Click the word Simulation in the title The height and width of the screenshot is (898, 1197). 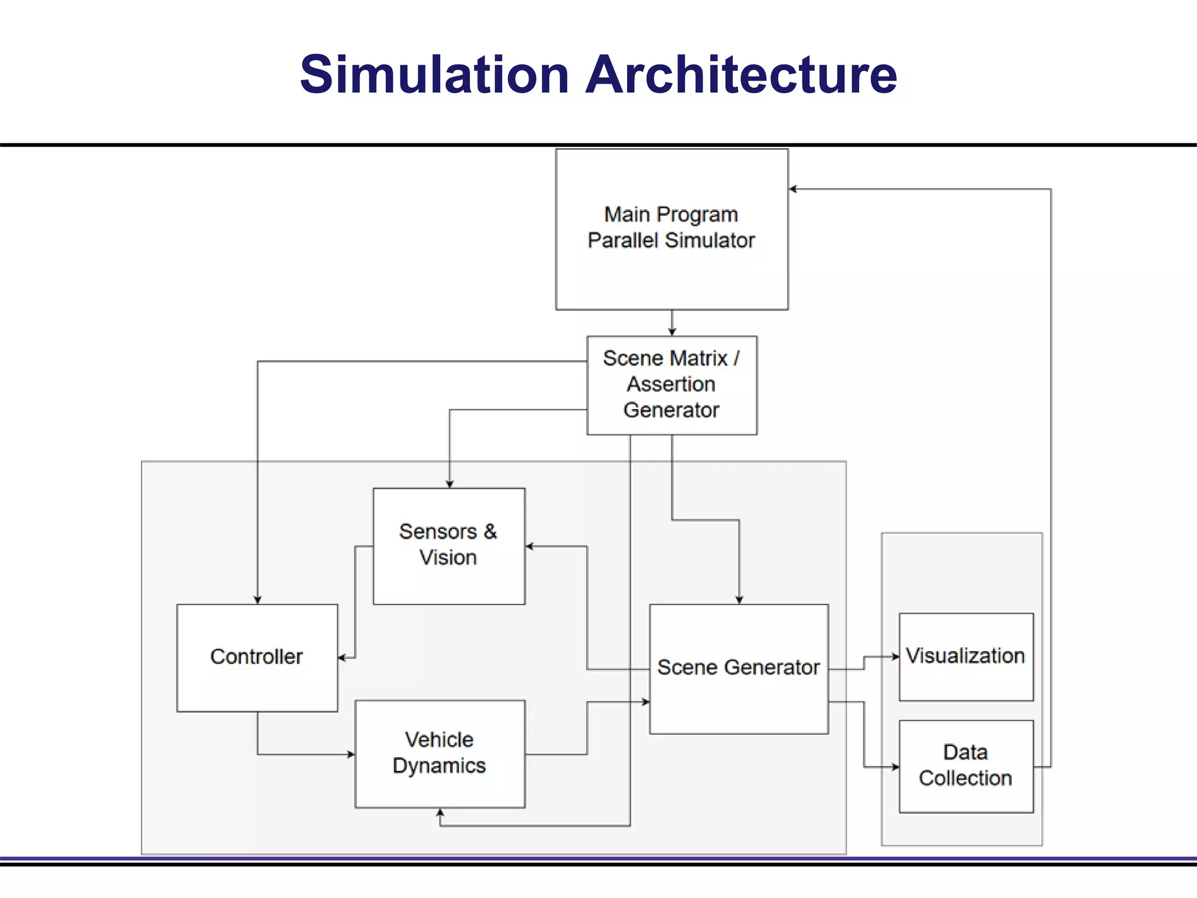(x=434, y=74)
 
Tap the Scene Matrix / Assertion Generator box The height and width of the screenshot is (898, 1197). (x=672, y=385)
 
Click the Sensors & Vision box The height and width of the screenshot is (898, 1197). (x=448, y=576)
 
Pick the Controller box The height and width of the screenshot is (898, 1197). (x=257, y=684)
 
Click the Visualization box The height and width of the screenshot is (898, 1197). (x=966, y=678)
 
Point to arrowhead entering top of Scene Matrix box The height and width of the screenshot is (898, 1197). (x=672, y=331)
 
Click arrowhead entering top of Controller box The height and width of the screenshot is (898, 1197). (x=257, y=600)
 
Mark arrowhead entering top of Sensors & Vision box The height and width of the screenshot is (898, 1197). (x=449, y=483)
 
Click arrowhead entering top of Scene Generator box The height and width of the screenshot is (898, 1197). (x=739, y=600)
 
